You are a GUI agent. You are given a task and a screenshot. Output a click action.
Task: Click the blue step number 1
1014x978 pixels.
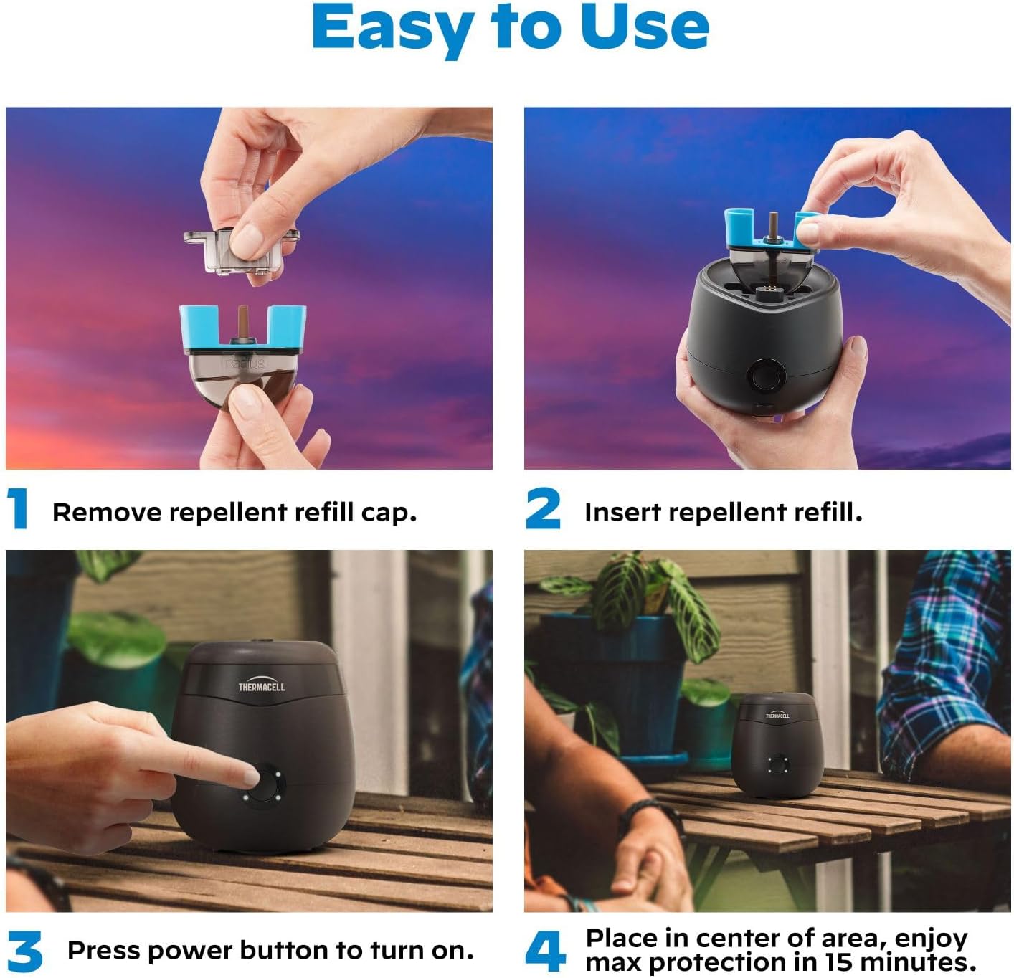tap(18, 508)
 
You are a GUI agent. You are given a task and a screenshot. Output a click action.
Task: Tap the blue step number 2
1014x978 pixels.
tap(543, 508)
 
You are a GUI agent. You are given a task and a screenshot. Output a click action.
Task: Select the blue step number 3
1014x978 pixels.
tap(25, 951)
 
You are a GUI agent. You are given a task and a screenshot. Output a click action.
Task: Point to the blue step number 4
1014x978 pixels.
tap(545, 951)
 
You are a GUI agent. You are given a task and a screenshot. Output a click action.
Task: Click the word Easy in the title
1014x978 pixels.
tap(394, 29)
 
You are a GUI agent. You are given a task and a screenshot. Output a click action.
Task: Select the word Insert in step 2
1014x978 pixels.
tap(623, 512)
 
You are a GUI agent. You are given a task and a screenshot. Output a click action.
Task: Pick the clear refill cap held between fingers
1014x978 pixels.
tap(241, 252)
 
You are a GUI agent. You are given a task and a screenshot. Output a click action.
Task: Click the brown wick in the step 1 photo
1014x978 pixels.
tap(243, 322)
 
